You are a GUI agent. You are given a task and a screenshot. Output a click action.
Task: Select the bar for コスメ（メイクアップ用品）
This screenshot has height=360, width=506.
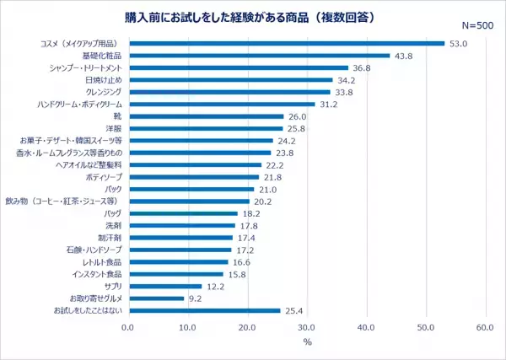pyautogui.click(x=286, y=43)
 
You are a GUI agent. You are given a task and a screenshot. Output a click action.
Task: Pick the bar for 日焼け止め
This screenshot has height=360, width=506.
pyautogui.click(x=230, y=80)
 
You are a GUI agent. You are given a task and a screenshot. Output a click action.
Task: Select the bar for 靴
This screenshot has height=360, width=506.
pyautogui.click(x=206, y=116)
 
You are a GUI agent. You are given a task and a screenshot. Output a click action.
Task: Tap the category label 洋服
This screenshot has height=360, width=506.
pyautogui.click(x=115, y=128)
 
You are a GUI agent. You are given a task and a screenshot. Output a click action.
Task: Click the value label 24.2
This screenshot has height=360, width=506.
pyautogui.click(x=287, y=141)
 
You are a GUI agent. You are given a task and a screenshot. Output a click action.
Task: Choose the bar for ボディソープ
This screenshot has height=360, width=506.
pyautogui.click(x=193, y=177)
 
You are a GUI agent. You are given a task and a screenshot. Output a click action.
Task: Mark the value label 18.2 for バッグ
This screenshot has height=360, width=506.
pyautogui.click(x=251, y=214)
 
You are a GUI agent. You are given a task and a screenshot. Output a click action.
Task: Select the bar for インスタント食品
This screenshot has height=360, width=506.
pyautogui.click(x=175, y=274)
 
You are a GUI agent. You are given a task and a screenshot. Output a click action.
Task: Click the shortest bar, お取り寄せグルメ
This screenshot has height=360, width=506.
pyautogui.click(x=156, y=298)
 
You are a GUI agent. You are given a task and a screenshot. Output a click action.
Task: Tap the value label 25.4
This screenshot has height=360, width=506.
pyautogui.click(x=294, y=311)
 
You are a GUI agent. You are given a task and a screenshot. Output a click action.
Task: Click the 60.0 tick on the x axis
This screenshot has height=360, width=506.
pyautogui.click(x=484, y=326)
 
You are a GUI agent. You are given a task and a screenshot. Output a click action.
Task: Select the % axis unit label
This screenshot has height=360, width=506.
pyautogui.click(x=307, y=341)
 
